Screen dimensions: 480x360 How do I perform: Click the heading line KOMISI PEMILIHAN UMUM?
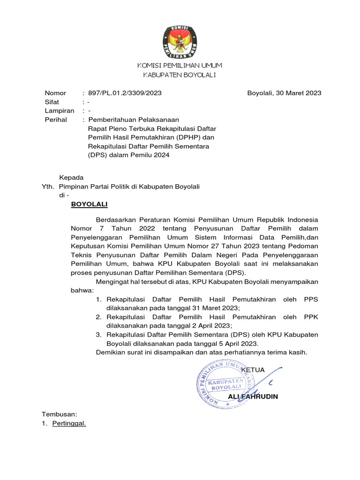(x=180, y=65)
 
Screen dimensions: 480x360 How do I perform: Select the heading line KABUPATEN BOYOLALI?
(x=180, y=75)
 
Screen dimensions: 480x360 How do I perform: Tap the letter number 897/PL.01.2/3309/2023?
(x=125, y=93)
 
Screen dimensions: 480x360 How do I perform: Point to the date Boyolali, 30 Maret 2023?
(x=284, y=93)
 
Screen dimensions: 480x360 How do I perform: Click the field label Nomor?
(x=55, y=93)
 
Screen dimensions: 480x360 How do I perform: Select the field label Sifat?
(x=52, y=102)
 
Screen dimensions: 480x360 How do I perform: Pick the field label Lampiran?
(x=59, y=111)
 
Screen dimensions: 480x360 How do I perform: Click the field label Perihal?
(x=56, y=120)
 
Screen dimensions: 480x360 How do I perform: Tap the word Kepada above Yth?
(x=71, y=178)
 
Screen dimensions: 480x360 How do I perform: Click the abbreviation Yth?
(x=48, y=187)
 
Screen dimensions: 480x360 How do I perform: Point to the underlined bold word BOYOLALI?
(x=89, y=204)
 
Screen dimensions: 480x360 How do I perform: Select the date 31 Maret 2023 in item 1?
(x=216, y=308)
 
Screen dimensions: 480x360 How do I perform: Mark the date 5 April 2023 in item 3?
(x=234, y=344)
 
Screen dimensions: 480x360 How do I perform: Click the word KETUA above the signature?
(x=253, y=370)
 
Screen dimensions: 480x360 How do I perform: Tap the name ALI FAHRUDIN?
(x=253, y=397)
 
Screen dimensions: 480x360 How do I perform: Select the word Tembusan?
(x=59, y=414)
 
